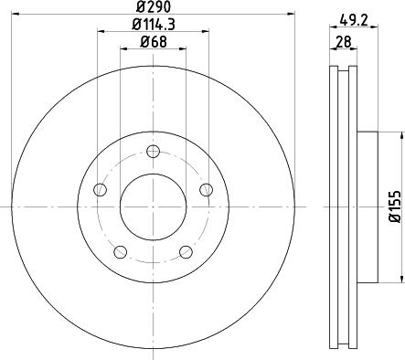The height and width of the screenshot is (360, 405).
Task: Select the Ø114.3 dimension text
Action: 153,25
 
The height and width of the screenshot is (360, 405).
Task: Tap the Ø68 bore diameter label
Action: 153,41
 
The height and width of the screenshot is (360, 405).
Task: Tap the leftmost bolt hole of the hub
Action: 100,190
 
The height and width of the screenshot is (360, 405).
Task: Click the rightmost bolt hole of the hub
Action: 207,190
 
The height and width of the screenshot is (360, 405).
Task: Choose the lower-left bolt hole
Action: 120,252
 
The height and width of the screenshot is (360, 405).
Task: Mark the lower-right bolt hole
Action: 187,252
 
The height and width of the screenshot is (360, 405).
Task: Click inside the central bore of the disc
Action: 153,206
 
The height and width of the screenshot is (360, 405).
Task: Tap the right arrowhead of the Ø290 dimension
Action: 293,15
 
